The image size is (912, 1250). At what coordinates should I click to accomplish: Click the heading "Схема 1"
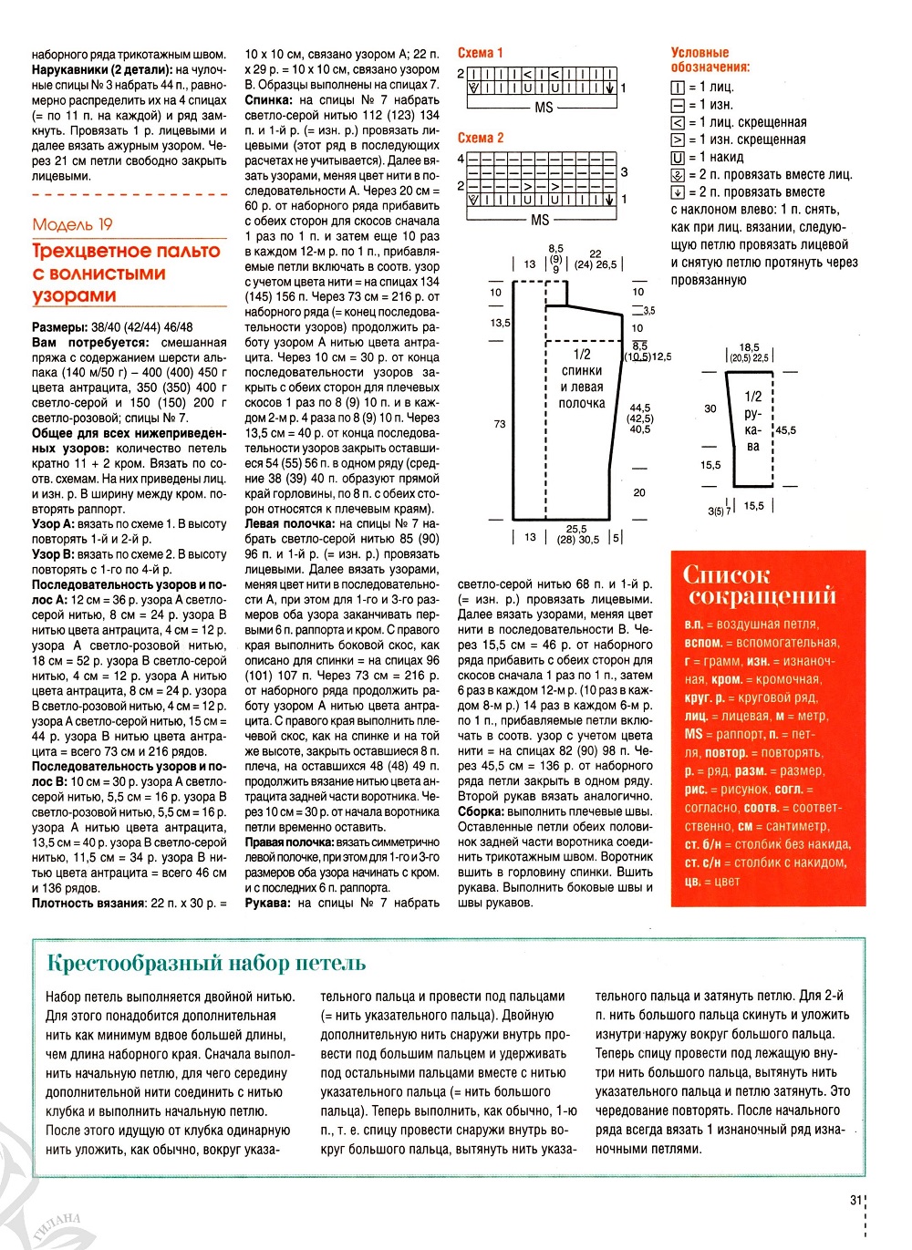[480, 53]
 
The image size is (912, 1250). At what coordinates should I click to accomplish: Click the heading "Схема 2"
[480, 138]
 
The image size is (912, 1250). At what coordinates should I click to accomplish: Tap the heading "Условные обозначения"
[710, 59]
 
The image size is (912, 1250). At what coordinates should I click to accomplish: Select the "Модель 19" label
[72, 224]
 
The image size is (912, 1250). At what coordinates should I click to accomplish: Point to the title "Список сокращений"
[760, 584]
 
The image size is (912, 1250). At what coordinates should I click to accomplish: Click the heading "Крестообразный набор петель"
[206, 963]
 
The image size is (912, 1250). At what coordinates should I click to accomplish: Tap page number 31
[855, 1201]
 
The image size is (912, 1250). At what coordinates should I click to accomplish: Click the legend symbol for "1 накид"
[678, 158]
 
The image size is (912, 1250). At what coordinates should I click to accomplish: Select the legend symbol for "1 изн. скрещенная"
[678, 140]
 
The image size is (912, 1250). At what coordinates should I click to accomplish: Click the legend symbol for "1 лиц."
[678, 88]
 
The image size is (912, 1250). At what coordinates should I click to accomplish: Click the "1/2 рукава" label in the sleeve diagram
[752, 421]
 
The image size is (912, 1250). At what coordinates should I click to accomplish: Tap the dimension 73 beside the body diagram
[500, 424]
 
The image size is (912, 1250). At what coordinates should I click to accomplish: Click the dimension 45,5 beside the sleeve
[784, 430]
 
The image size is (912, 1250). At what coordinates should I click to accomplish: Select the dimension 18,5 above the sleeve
[749, 347]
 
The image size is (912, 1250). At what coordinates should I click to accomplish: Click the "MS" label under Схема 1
[544, 108]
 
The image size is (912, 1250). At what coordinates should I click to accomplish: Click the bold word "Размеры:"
[60, 327]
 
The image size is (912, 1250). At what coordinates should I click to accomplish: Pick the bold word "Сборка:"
[481, 811]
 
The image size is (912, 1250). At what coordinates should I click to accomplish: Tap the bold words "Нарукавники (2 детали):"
[102, 69]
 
